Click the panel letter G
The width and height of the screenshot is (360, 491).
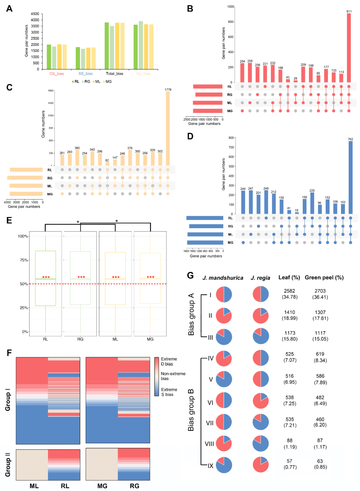pos(190,276)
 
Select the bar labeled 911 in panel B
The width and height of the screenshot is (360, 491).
pos(349,48)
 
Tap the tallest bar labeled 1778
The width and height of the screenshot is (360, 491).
pos(168,128)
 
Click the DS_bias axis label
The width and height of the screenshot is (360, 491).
pos(57,74)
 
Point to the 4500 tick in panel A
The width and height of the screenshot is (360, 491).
pos(35,14)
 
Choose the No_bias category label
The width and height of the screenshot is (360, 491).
pos(143,74)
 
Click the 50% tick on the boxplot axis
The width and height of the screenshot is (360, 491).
pos(24,284)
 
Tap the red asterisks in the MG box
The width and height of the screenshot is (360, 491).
pos(150,277)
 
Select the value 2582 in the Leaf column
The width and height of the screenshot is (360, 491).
pos(289,291)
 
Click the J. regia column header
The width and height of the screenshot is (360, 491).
pos(260,278)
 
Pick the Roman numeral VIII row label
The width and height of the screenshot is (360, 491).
pos(209,444)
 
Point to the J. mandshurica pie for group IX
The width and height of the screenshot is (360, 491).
pos(224,465)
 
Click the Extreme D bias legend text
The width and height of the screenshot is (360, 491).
pos(169,362)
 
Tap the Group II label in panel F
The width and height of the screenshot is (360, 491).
pos(8,465)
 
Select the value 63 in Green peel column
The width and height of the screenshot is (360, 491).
pos(320,461)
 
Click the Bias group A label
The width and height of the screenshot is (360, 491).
pos(191,315)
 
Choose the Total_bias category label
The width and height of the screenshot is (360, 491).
pos(114,74)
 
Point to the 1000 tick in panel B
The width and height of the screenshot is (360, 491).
pos(230,7)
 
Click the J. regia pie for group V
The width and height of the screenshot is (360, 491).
pos(261,379)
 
